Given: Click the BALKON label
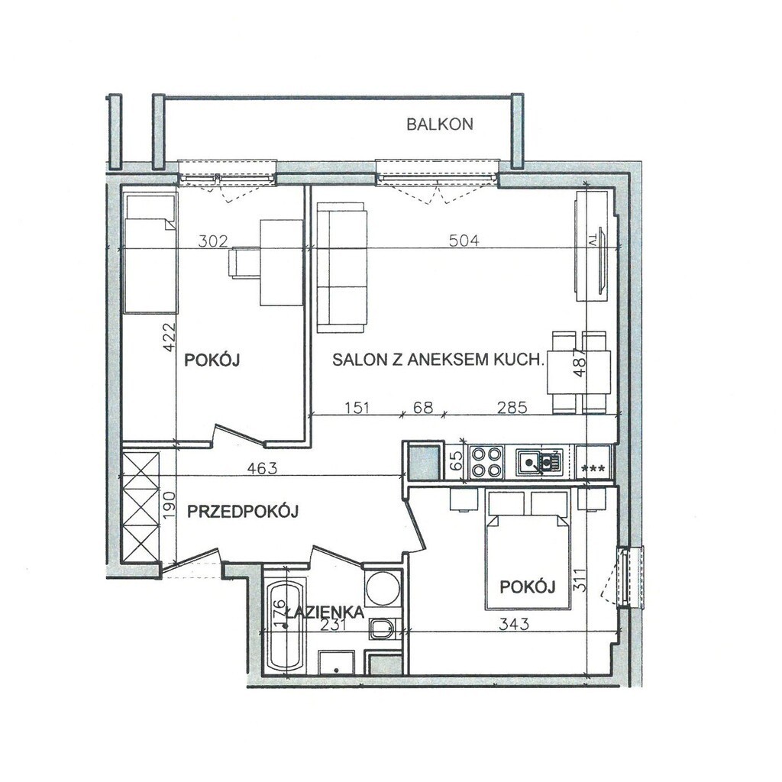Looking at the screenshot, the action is (439, 124).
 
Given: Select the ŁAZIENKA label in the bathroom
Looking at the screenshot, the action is (325, 612).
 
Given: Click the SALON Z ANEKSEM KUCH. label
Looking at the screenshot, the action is (438, 360).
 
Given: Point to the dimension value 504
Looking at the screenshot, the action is (464, 241).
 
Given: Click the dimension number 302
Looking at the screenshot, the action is (213, 241).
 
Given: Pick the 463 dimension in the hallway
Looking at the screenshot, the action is (262, 468).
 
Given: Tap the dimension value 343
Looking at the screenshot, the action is (514, 623).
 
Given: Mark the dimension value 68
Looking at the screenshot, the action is (423, 408).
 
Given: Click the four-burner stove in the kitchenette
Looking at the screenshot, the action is (486, 462).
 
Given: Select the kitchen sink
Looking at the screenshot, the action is (539, 462).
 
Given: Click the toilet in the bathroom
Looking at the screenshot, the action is (383, 629).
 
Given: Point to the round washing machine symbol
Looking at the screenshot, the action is (383, 587).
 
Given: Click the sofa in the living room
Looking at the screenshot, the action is (342, 267).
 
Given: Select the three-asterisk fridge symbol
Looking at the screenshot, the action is (593, 469).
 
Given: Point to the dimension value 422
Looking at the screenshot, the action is (170, 337).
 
